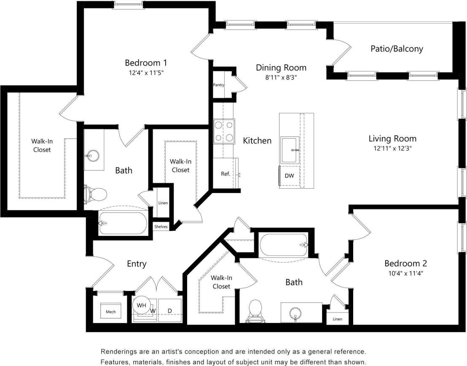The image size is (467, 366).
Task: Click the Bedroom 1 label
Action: click(x=146, y=63)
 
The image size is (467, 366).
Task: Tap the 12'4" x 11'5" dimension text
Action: click(x=146, y=73)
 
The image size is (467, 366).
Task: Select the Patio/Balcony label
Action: click(x=397, y=49)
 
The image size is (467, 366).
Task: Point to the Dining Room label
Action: click(x=281, y=68)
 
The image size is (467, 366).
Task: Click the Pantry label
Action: click(x=218, y=85)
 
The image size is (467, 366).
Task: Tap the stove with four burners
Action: click(x=224, y=131)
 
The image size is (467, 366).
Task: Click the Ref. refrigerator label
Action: click(x=225, y=174)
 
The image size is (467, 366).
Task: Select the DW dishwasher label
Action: click(x=289, y=176)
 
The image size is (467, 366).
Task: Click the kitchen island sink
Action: click(x=290, y=150)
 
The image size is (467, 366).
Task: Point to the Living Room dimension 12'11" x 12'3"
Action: click(x=392, y=149)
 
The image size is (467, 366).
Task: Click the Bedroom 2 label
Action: click(x=405, y=263)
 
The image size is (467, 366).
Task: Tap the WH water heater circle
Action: click(x=141, y=305)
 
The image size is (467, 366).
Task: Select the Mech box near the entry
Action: click(x=110, y=312)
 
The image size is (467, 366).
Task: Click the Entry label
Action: click(x=137, y=264)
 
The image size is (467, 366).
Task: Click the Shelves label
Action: click(x=161, y=227)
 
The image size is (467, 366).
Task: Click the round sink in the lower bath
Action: click(x=295, y=313)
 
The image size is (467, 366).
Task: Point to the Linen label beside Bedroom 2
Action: click(x=337, y=319)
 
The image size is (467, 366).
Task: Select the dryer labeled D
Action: click(x=170, y=311)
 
